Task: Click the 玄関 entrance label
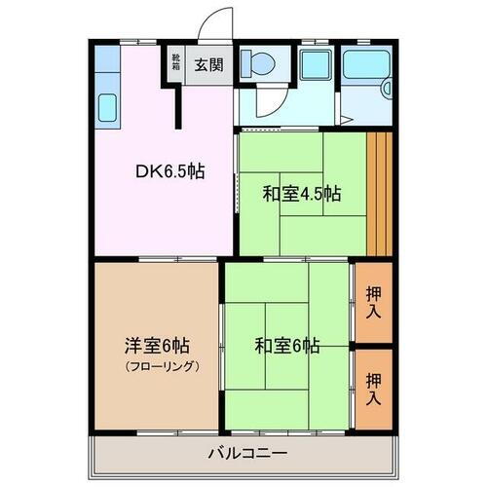click(x=206, y=66)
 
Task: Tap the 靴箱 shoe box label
click(x=176, y=65)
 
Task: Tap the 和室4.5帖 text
click(x=301, y=193)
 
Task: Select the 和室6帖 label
click(x=287, y=344)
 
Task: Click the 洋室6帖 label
click(x=156, y=346)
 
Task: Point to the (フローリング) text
click(x=158, y=366)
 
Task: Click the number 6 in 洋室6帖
click(x=166, y=346)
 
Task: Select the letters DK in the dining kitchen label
click(x=149, y=172)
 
